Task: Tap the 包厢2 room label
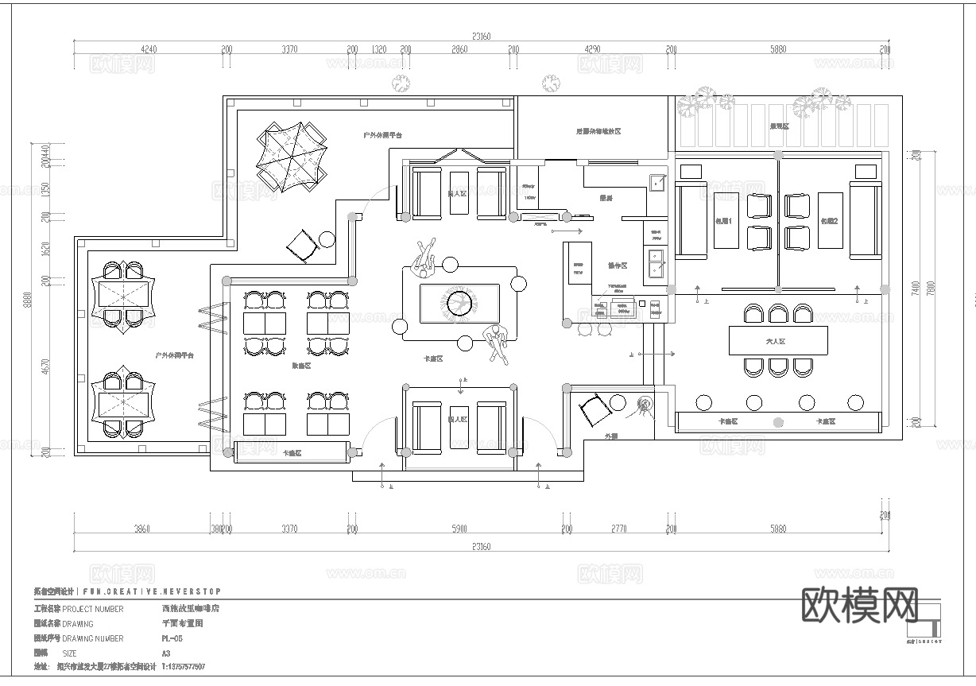click(x=830, y=220)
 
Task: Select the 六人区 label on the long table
click(x=775, y=341)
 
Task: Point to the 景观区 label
click(x=779, y=126)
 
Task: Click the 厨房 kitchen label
click(x=606, y=198)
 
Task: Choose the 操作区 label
click(x=617, y=265)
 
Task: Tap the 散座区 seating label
click(x=300, y=366)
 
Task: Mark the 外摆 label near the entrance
click(x=610, y=436)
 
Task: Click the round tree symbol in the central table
click(x=459, y=303)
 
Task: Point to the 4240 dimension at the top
click(x=149, y=49)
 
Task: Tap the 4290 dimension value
click(x=592, y=49)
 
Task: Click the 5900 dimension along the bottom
click(x=459, y=529)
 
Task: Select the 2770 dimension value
click(x=618, y=529)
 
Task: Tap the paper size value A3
click(x=165, y=653)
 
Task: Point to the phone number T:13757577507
click(x=183, y=667)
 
